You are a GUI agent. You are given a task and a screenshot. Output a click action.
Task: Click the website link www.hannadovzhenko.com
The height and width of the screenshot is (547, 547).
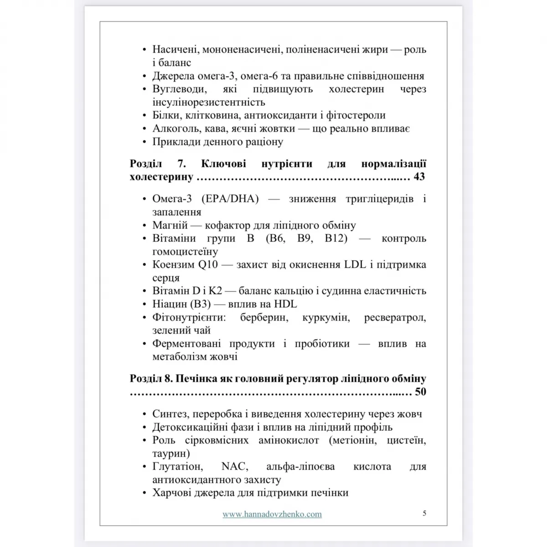point(272,514)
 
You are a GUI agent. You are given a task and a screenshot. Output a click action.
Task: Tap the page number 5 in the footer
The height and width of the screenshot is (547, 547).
point(424,513)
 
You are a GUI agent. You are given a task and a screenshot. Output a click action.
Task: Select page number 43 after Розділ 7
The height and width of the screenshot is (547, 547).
point(419,176)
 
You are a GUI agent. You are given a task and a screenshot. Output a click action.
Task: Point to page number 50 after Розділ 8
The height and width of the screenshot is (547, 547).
point(420,392)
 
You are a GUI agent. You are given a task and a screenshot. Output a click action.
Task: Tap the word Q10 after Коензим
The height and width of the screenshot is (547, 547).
point(208,265)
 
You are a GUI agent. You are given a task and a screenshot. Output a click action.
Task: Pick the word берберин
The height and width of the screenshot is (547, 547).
point(264,317)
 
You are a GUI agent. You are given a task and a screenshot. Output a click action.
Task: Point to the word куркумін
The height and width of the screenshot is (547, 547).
point(326,317)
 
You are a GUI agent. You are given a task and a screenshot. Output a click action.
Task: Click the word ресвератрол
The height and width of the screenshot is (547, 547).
point(395,317)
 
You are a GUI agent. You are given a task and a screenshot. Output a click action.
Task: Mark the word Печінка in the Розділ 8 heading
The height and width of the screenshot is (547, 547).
point(195,379)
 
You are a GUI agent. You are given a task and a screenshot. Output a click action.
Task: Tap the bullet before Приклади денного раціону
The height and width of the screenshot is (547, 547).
point(144,142)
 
